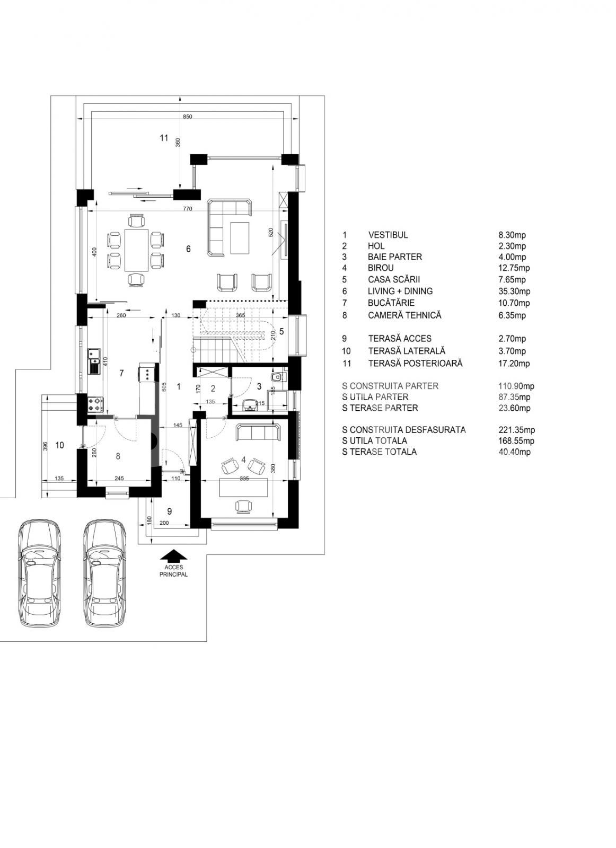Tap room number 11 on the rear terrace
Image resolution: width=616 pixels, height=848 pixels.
[164, 138]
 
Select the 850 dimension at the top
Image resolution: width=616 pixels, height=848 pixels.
[188, 117]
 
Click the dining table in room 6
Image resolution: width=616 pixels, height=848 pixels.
[136, 250]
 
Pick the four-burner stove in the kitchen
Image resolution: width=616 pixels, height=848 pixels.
[96, 404]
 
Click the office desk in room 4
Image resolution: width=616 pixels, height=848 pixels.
[243, 487]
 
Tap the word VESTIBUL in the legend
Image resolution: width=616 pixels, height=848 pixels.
[388, 235]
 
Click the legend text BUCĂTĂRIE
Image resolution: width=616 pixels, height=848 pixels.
[391, 303]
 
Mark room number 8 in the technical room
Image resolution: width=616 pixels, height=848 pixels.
[118, 456]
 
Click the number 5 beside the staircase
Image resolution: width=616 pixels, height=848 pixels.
[281, 331]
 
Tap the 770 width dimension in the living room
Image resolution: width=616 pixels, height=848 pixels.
[188, 209]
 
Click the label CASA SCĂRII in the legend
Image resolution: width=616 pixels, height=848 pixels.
[394, 279]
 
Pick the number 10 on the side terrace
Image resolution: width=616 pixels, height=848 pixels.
[59, 445]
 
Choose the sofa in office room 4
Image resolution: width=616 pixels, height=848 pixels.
[259, 432]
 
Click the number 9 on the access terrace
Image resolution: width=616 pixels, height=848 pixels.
[169, 511]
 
